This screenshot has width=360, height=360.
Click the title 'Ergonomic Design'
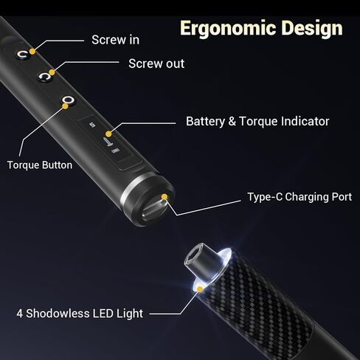[261, 29]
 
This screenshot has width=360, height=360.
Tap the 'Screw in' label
[115, 40]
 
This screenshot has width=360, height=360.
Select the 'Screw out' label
[156, 63]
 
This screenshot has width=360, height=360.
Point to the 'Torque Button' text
[40, 165]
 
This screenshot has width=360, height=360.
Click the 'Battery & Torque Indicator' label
[257, 122]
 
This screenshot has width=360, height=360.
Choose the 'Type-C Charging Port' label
[300, 197]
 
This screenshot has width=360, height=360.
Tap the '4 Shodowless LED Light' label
[80, 314]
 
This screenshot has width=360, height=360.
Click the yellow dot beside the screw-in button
[32, 52]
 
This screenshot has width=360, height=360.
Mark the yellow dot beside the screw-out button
[52, 72]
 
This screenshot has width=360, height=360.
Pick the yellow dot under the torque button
[65, 106]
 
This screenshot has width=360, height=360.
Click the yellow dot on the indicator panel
[108, 134]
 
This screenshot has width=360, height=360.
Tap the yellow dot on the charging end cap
[165, 197]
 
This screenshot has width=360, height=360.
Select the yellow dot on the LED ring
[201, 289]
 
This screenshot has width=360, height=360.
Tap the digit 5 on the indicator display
[92, 125]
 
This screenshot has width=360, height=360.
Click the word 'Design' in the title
[312, 29]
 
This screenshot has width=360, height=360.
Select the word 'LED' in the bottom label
[101, 314]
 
